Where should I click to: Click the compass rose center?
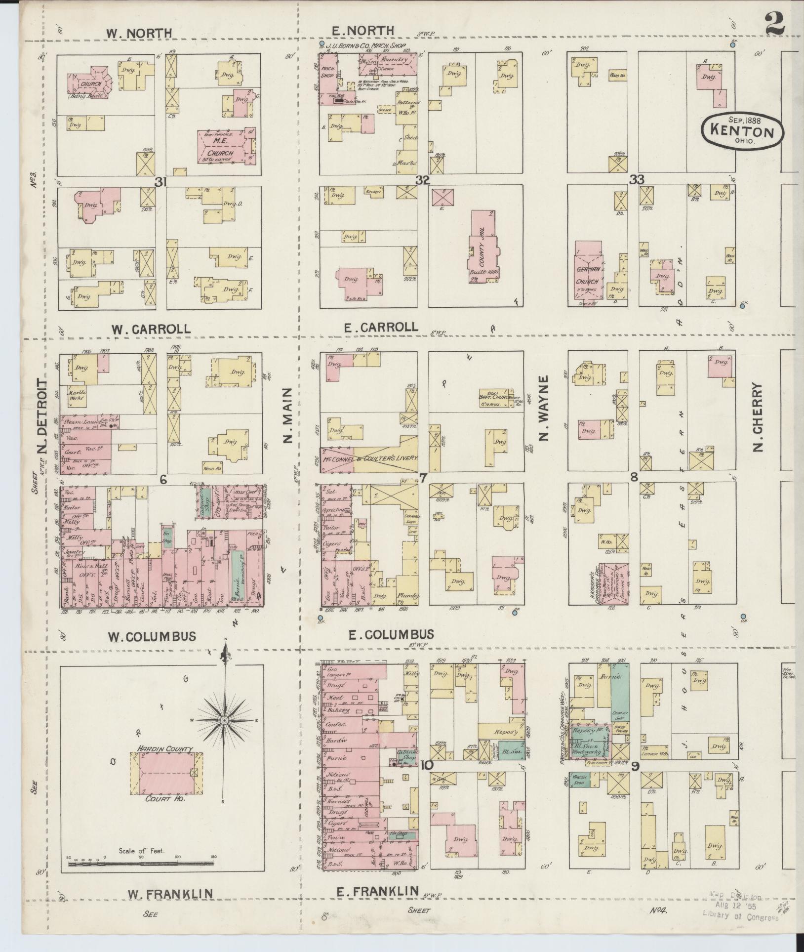coord(224,720)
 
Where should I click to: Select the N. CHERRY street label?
coord(758,418)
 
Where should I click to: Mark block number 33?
coord(637,180)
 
